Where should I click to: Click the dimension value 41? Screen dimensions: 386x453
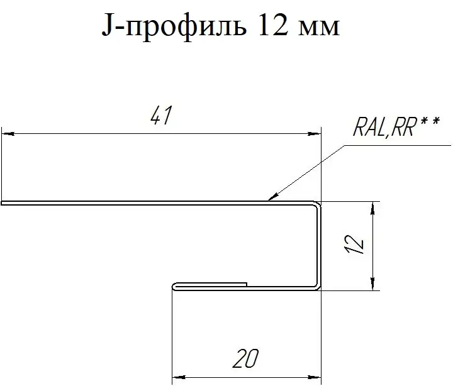pos(161,116)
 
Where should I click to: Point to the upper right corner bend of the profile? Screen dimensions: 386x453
pos(317,204)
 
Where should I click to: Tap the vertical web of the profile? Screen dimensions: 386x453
pos(318,245)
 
